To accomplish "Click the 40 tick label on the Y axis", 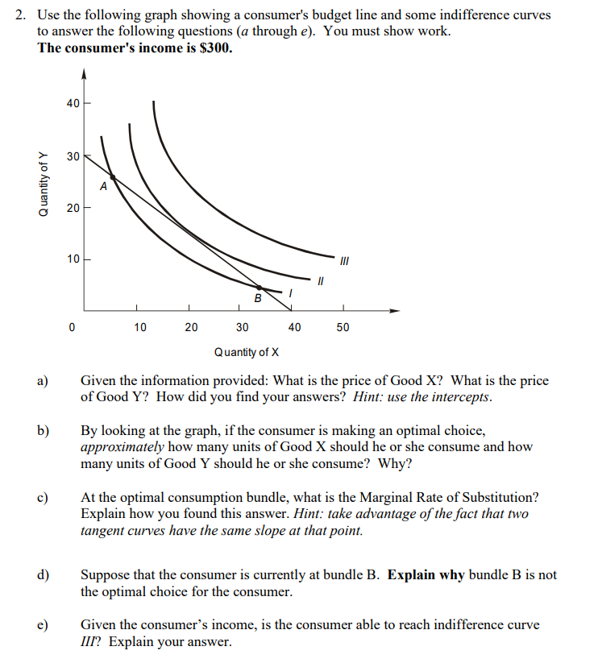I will [73, 103].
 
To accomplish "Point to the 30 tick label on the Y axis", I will [73, 155].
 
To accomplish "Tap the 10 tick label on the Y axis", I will [73, 259].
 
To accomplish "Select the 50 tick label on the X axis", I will [343, 328].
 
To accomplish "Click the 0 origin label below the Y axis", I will [73, 328].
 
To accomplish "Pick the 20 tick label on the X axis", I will [191, 328].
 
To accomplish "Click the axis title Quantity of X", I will [247, 352].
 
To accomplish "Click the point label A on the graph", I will [103, 187].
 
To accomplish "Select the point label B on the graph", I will [258, 298].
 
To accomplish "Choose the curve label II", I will [320, 281].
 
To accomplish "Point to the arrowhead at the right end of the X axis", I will [394, 311].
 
